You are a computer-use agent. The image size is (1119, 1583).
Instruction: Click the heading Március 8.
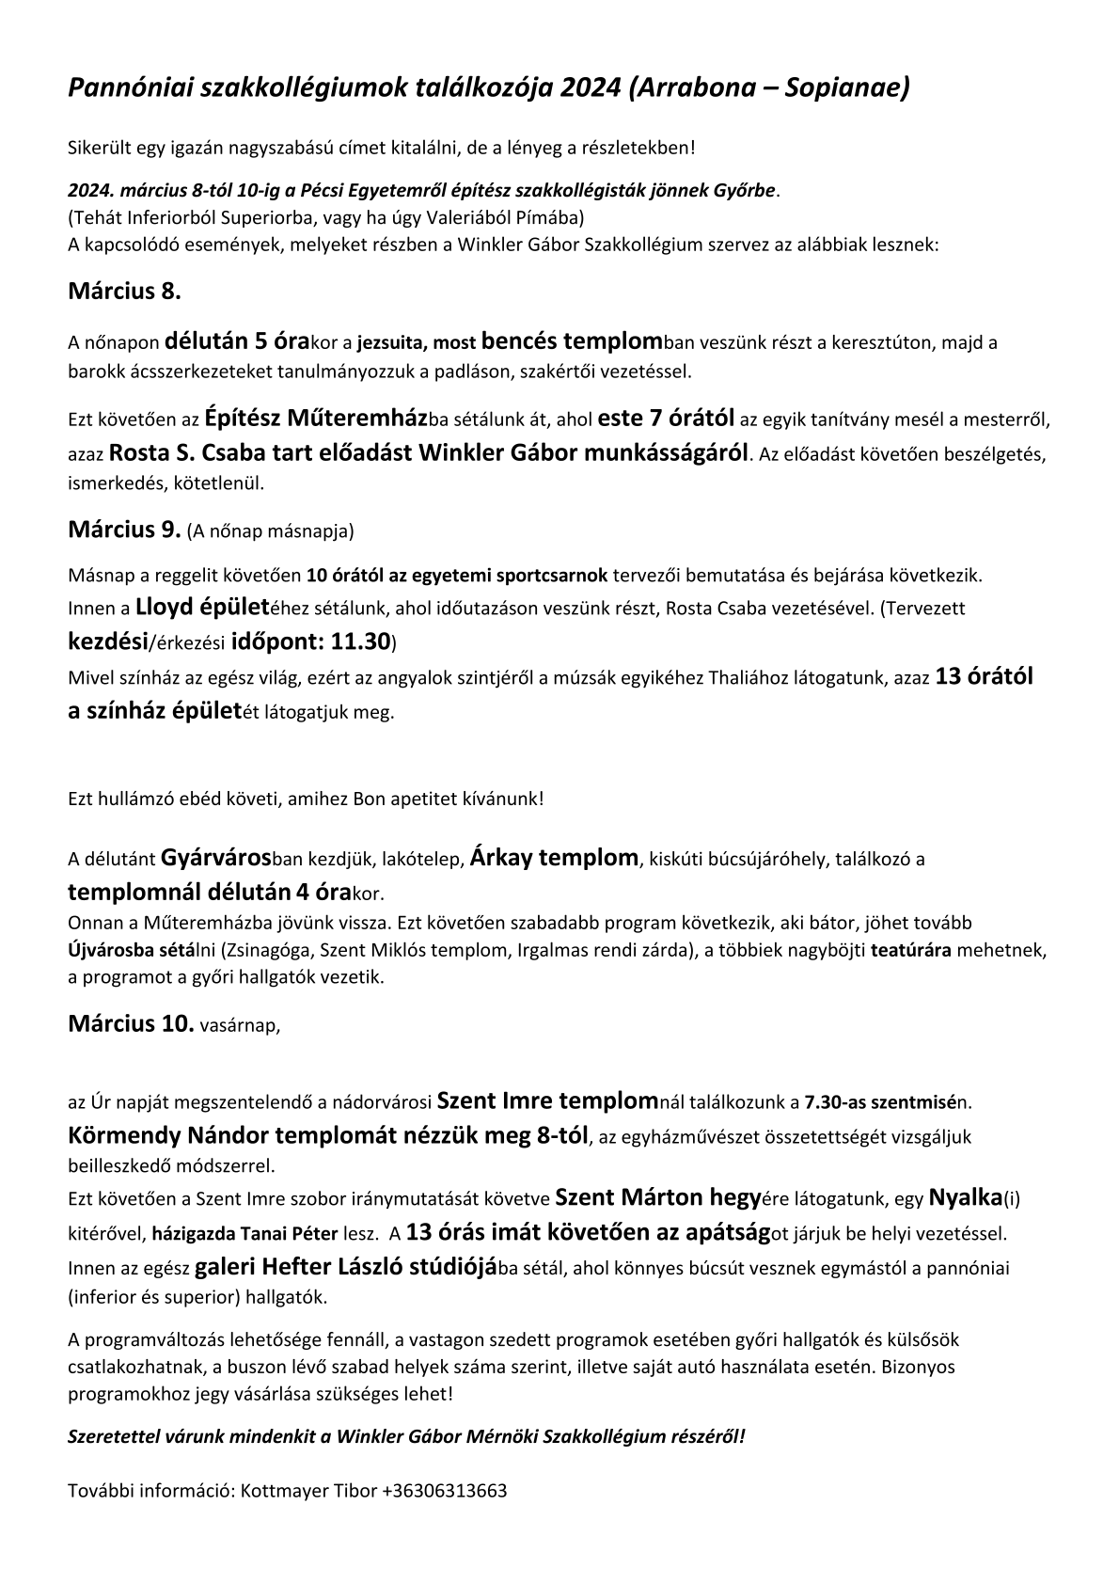[124, 291]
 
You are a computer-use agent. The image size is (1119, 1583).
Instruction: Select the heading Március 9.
[124, 529]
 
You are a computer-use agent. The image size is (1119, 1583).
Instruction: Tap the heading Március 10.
[131, 1023]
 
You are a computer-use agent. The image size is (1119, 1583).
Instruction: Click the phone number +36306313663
[445, 1491]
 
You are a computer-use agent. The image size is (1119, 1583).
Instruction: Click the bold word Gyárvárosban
[216, 858]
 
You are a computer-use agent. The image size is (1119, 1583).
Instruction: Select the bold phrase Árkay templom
[554, 858]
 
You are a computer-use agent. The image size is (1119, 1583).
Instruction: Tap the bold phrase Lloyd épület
[203, 607]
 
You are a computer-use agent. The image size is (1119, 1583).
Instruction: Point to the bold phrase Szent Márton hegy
[657, 1197]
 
